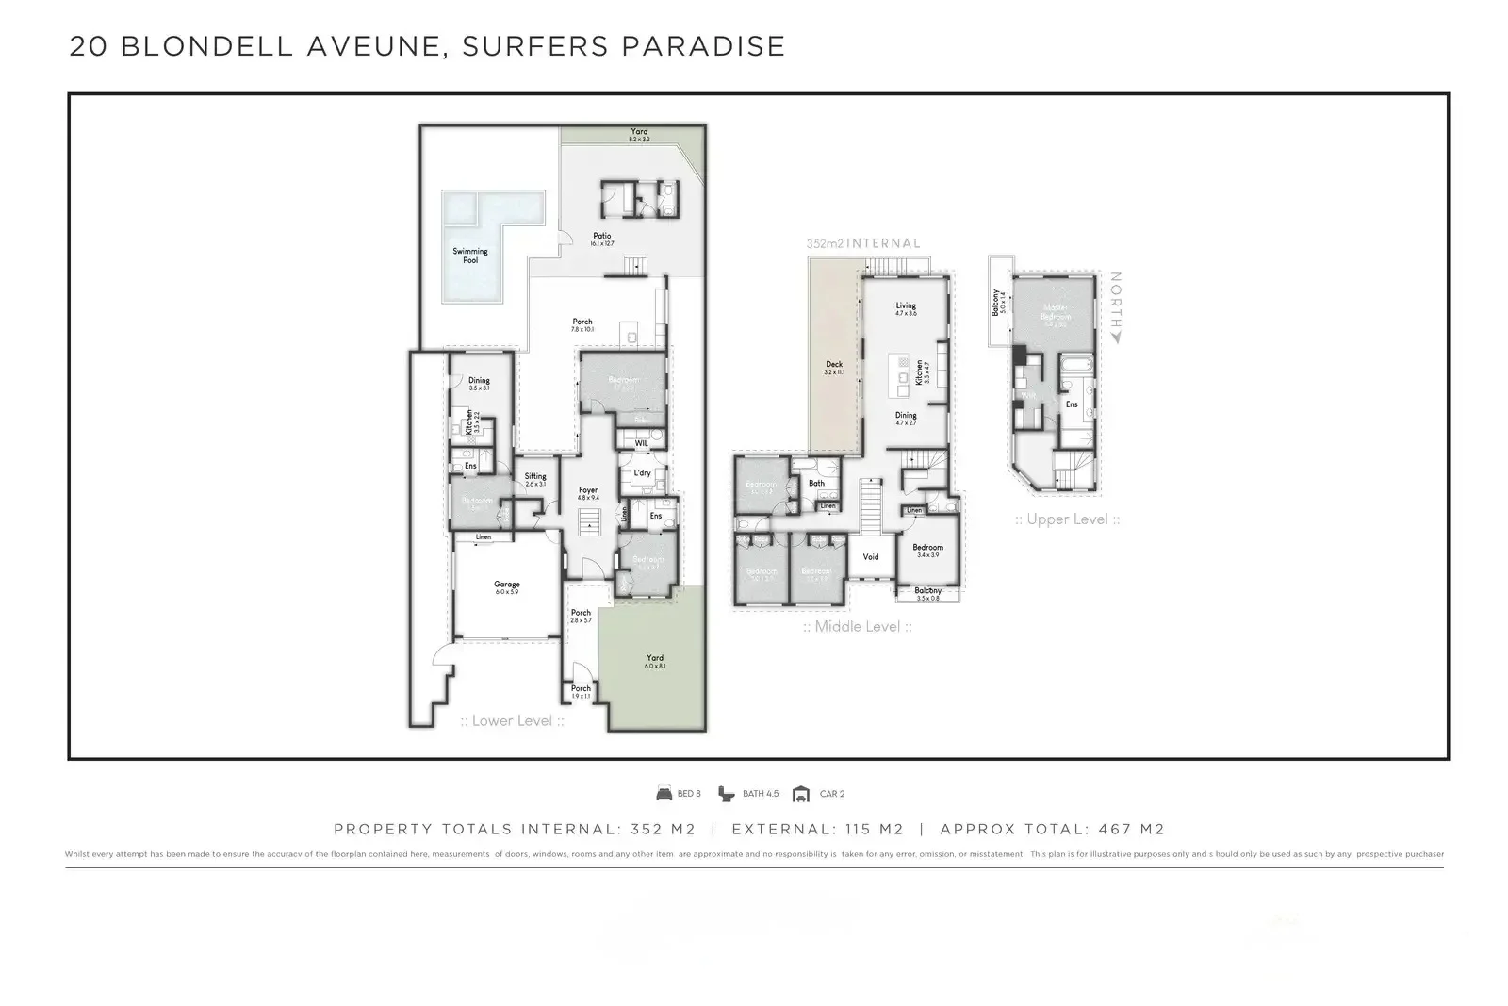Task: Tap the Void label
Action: pyautogui.click(x=871, y=557)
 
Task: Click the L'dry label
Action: pyautogui.click(x=643, y=473)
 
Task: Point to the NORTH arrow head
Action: pyautogui.click(x=1116, y=337)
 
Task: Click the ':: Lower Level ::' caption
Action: pyautogui.click(x=512, y=721)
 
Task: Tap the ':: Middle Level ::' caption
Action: pyautogui.click(x=857, y=627)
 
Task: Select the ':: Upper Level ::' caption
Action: pyautogui.click(x=1067, y=519)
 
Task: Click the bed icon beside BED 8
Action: pyautogui.click(x=664, y=794)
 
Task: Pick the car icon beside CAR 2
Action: pyautogui.click(x=801, y=794)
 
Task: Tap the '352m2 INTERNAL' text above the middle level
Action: pyautogui.click(x=862, y=243)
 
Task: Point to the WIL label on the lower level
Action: pyautogui.click(x=641, y=443)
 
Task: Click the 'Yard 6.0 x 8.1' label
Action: pyautogui.click(x=655, y=661)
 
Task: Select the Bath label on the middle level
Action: pyautogui.click(x=816, y=484)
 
